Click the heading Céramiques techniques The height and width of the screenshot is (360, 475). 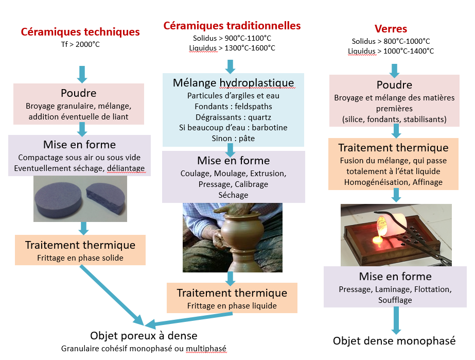point(80,32)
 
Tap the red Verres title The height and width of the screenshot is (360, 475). point(391,29)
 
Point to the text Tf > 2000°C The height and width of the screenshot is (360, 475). point(80,44)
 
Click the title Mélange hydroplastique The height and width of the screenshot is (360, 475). point(233,83)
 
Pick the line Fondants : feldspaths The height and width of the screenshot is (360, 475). point(233,107)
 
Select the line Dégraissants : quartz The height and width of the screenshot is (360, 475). point(233,117)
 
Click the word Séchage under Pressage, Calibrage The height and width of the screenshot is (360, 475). point(233,195)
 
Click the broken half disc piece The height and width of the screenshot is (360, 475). point(105,198)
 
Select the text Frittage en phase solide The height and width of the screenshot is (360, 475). point(80,258)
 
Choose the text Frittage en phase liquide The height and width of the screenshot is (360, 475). point(232,306)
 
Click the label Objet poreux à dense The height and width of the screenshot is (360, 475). point(144,336)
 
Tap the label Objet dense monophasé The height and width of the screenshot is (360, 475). point(394,341)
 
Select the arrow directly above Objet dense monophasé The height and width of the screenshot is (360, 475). point(396,320)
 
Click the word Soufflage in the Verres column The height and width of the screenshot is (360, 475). point(395,300)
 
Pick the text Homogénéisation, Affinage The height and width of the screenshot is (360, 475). point(393,182)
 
